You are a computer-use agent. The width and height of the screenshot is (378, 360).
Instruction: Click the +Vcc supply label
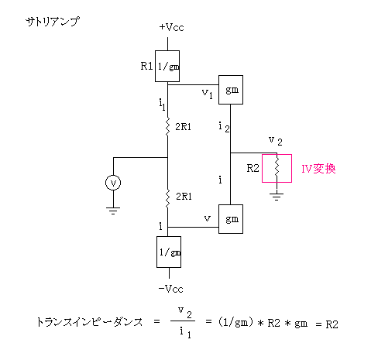point(171,27)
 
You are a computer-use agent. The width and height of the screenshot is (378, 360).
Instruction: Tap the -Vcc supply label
point(171,289)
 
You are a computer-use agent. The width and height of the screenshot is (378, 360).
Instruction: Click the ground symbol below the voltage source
point(113,211)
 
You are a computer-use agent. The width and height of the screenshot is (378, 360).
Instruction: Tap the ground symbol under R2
point(277,197)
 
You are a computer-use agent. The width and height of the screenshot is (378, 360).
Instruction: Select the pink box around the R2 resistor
point(263,169)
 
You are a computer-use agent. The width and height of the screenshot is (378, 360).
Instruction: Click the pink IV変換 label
point(318,169)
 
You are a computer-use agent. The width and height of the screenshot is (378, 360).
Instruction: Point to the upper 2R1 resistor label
point(183,127)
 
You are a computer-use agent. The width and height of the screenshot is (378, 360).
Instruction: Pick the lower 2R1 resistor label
point(184,197)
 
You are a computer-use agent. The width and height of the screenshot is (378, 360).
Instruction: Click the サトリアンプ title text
point(53,22)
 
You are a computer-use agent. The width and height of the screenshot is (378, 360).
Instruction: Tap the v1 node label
point(208,94)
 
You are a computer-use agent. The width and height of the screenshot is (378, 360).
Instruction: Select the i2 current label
point(224,127)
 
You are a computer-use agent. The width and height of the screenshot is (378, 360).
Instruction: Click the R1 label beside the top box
point(146,66)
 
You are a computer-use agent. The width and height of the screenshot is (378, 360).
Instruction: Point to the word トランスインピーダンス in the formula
point(89,322)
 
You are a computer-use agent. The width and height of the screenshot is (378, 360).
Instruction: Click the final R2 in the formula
point(332,324)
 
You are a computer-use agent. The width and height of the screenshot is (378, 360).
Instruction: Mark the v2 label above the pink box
point(276,141)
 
